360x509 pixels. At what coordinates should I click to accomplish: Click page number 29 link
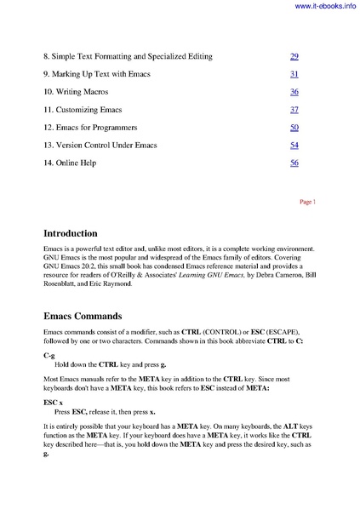point(294,56)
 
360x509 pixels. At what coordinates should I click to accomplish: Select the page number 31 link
point(294,74)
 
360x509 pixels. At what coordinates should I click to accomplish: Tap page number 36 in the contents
point(294,92)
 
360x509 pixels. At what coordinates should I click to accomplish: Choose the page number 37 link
point(294,110)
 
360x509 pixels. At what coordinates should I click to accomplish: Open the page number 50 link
point(294,127)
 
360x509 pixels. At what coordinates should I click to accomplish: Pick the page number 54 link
point(294,145)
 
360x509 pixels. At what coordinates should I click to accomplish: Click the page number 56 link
point(294,163)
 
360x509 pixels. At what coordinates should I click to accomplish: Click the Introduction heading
point(82,232)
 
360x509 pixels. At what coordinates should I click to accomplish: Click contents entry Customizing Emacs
point(83,110)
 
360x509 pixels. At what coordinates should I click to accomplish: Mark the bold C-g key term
point(49,353)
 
